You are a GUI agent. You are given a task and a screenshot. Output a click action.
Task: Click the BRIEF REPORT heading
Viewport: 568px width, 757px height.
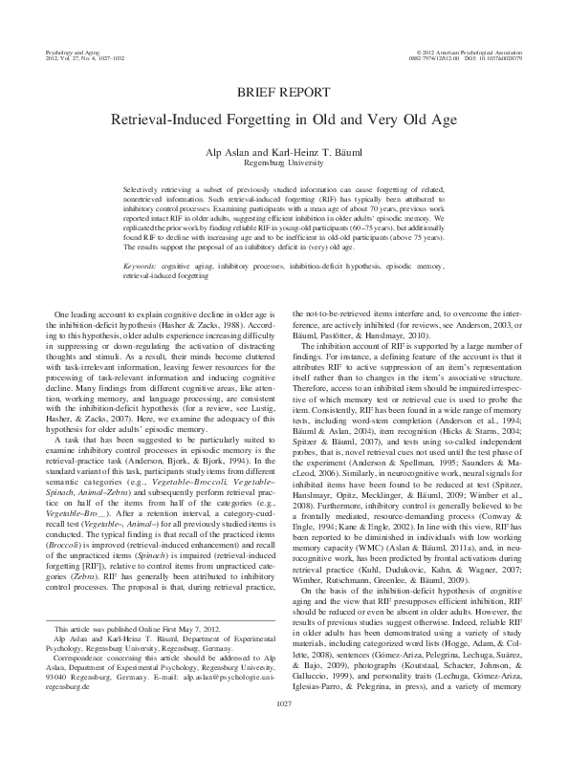pyautogui.click(x=283, y=93)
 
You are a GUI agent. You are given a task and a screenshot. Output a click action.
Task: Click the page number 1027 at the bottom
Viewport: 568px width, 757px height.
pyautogui.click(x=284, y=731)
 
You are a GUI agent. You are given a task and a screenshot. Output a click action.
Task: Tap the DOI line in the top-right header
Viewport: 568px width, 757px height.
pyautogui.click(x=490, y=54)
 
